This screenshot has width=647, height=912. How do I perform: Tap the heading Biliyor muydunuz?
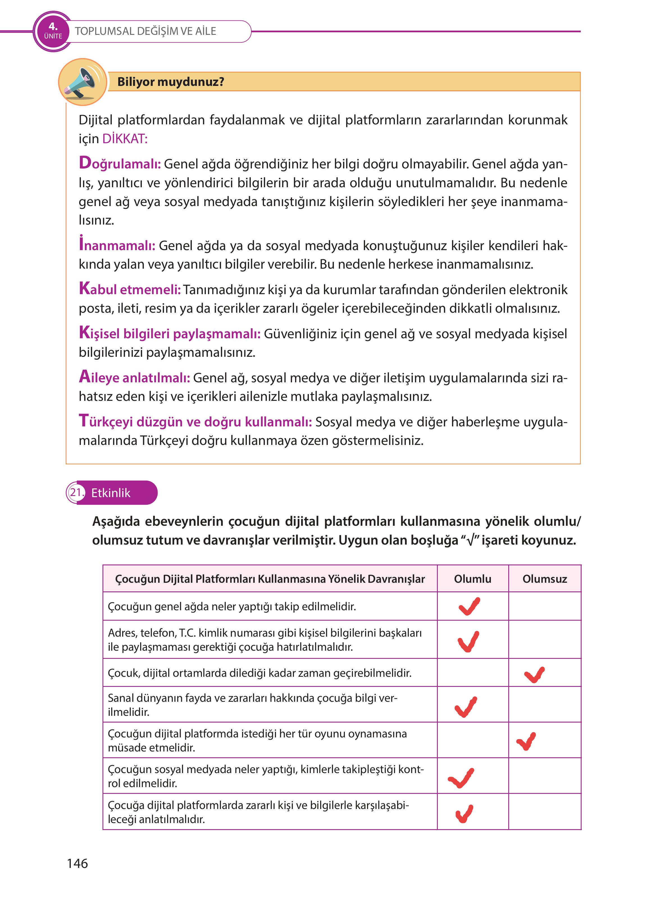point(170,82)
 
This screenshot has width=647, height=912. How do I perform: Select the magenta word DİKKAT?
point(125,139)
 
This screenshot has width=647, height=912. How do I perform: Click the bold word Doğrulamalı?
point(120,163)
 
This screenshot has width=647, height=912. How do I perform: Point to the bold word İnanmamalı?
point(117,245)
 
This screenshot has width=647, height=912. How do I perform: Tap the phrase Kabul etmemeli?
point(130,289)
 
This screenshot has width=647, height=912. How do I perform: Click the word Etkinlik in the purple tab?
point(111,493)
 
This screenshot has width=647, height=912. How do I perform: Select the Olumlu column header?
point(473,579)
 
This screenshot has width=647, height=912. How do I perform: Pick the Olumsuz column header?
point(545,579)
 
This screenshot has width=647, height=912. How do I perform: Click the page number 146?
point(77,863)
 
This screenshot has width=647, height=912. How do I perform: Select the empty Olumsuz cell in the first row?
point(545,606)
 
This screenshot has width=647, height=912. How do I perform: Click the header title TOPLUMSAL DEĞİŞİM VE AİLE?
point(145,31)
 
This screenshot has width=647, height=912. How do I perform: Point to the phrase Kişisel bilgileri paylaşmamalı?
point(170,333)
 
